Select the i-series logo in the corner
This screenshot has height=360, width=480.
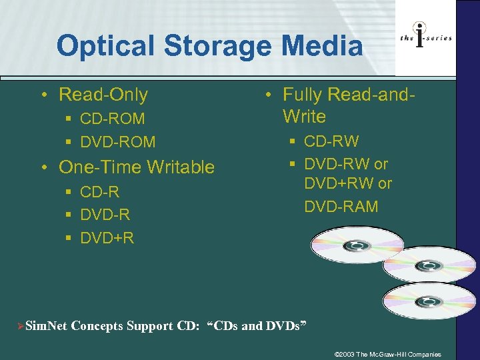click(425, 37)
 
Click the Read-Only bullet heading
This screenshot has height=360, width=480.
click(103, 95)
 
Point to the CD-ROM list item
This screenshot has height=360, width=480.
click(112, 119)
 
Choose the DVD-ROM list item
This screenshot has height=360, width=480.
click(117, 142)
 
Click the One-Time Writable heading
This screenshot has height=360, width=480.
click(136, 167)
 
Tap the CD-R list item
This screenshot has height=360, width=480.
click(99, 192)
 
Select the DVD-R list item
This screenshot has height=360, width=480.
click(105, 215)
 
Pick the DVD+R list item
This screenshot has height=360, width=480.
click(107, 237)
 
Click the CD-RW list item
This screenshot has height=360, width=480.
click(331, 141)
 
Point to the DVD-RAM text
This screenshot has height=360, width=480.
click(341, 207)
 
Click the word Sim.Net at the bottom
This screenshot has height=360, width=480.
click(45, 326)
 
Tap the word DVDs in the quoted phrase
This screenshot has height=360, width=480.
click(283, 326)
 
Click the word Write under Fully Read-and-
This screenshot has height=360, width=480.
click(305, 117)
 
